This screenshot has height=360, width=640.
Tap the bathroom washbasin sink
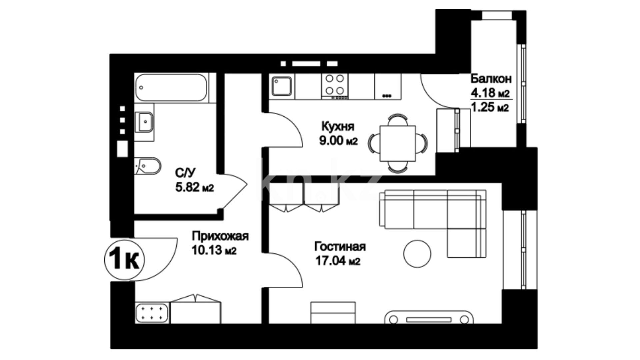[x=144, y=122]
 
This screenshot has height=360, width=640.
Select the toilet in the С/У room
[x=148, y=166]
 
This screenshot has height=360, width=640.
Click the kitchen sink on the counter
[x=282, y=86]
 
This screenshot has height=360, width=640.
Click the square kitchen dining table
[x=398, y=143]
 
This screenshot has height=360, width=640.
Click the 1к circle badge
[x=124, y=260]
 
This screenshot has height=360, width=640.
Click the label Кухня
[x=338, y=127]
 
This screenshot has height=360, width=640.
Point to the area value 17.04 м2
[x=338, y=261]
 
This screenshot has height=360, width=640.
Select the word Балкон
[x=491, y=79]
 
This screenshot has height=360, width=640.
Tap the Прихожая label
[x=220, y=236]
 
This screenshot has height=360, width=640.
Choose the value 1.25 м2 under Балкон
[x=489, y=107]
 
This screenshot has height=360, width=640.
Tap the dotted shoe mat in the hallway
[x=152, y=313]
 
